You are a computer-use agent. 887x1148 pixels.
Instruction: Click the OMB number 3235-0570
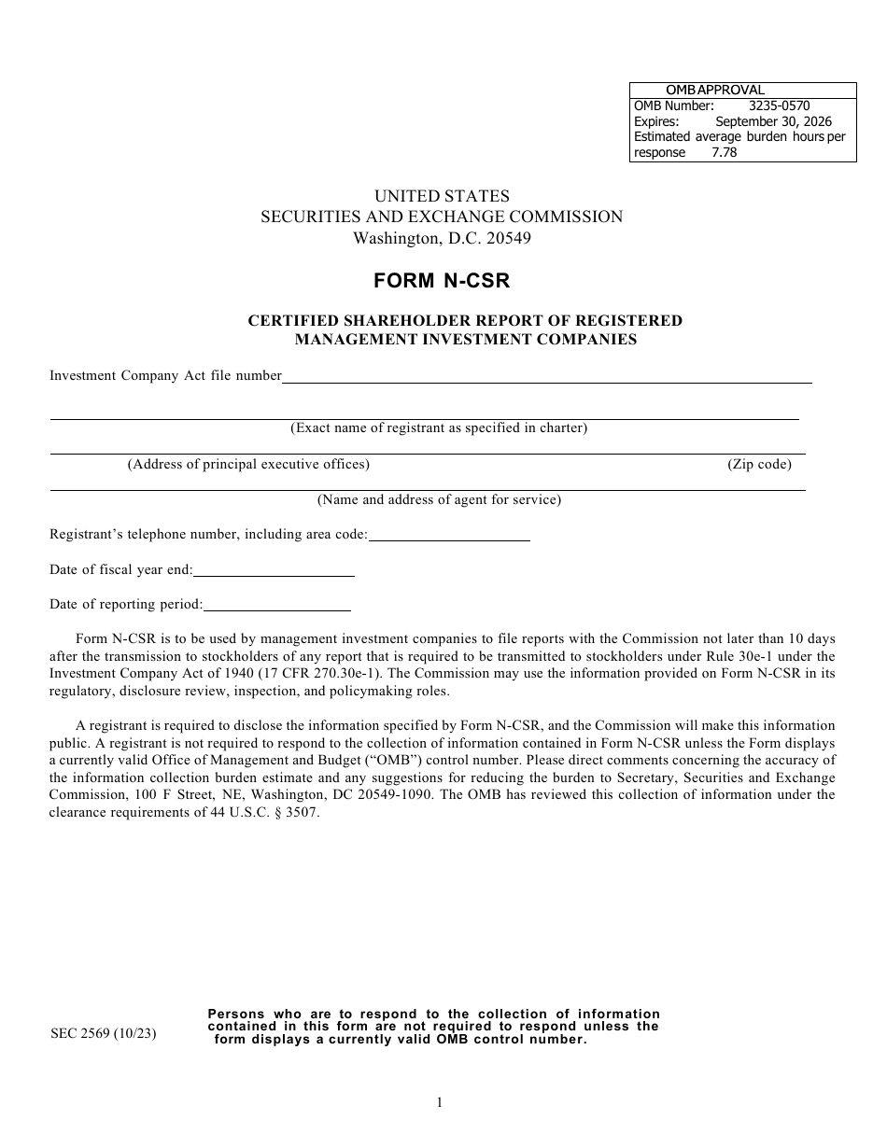(779, 105)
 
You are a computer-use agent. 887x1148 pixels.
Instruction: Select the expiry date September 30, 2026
(773, 121)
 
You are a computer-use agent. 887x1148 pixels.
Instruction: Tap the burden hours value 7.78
(724, 152)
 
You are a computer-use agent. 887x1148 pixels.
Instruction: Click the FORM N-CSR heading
(442, 280)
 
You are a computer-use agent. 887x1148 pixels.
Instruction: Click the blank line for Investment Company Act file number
(546, 381)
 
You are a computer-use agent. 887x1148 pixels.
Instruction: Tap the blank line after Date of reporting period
(276, 609)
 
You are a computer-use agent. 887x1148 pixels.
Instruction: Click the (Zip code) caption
(759, 464)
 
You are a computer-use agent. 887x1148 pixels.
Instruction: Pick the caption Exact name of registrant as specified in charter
(439, 428)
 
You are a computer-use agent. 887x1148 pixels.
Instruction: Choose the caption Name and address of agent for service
(439, 499)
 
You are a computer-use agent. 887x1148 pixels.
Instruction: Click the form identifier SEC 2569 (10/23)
(103, 1034)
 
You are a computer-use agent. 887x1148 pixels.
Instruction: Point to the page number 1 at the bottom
(440, 1102)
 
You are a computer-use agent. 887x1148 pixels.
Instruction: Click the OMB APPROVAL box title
(714, 91)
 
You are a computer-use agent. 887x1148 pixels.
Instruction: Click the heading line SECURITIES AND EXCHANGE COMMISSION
(442, 217)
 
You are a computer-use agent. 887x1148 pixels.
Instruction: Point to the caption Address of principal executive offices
(248, 464)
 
